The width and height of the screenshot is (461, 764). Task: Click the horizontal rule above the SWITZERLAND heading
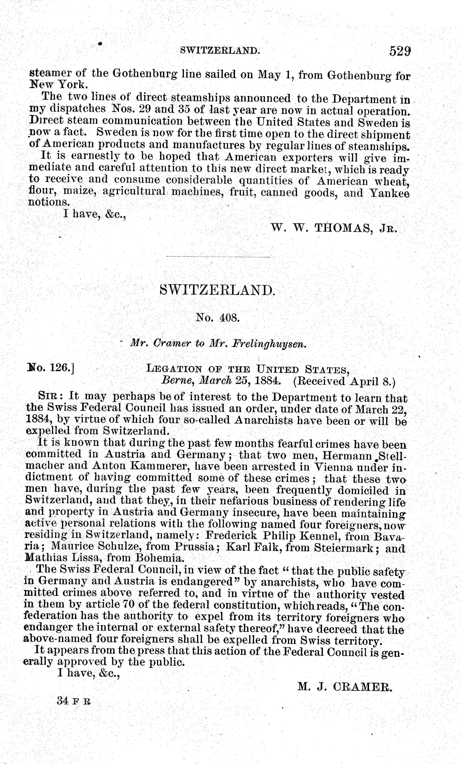coord(218,257)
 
